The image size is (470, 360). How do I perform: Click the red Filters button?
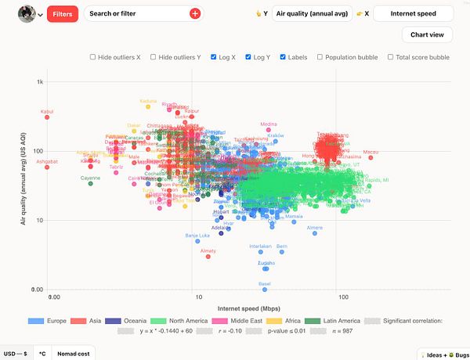click(62, 13)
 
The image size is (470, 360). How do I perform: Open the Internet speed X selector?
click(413, 13)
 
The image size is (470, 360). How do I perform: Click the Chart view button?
click(427, 34)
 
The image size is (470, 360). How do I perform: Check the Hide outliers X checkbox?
click(93, 57)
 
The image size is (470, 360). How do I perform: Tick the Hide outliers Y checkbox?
click(154, 57)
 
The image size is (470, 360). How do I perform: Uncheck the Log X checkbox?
click(214, 57)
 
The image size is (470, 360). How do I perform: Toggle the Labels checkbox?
click(284, 57)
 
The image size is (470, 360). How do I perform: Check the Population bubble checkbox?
click(320, 57)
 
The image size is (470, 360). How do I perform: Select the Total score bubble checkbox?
click(389, 57)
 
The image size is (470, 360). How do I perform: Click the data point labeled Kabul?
click(47, 117)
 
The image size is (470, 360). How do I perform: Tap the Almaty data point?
click(208, 256)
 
